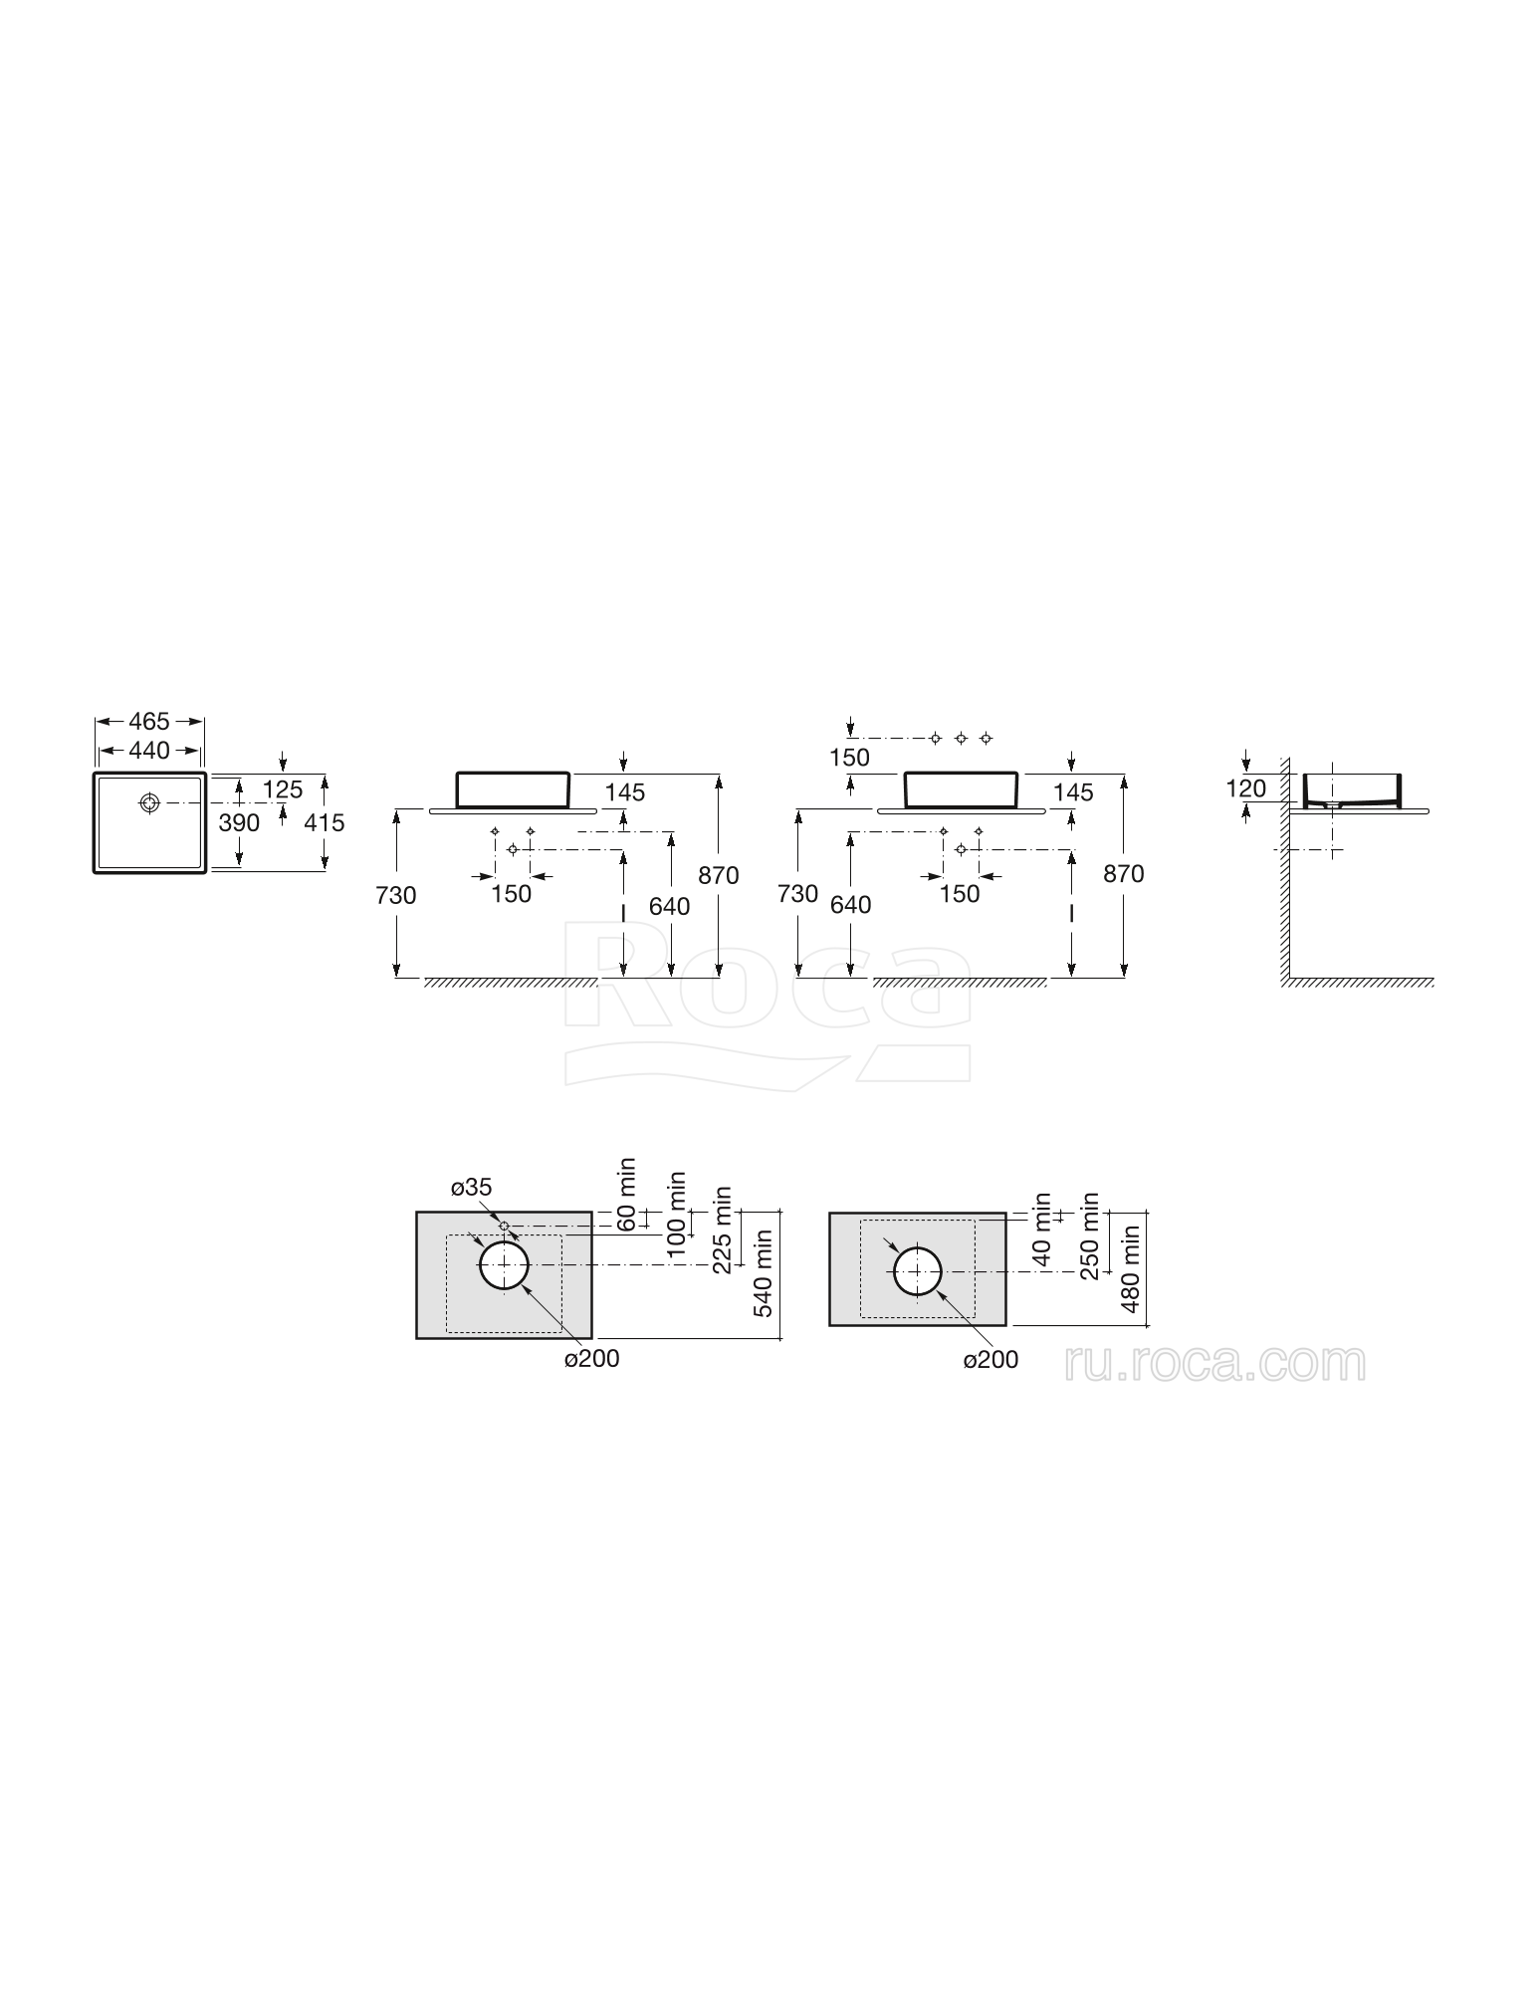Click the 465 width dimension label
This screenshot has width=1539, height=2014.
149,721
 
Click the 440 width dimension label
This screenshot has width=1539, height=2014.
149,750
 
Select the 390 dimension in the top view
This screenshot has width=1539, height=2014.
239,823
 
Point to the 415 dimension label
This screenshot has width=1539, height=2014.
324,823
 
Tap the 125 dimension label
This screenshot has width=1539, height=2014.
283,789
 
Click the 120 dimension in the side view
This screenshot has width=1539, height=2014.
1245,788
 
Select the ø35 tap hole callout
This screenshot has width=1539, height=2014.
471,1187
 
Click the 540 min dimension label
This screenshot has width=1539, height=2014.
764,1273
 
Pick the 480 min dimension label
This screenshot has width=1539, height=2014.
1131,1268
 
